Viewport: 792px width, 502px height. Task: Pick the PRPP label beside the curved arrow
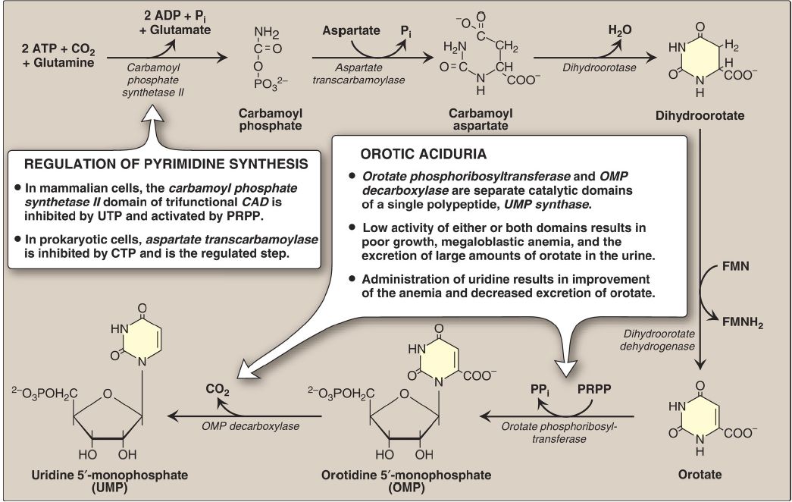[x=595, y=390]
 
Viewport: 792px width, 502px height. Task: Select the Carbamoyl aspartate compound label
[x=481, y=120]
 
